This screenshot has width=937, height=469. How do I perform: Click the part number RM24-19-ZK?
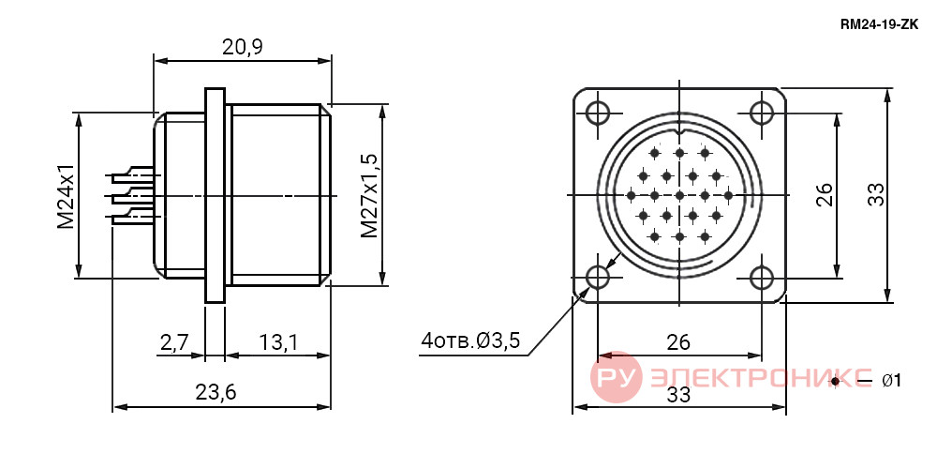point(879,24)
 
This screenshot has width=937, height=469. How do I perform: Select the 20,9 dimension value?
point(243,47)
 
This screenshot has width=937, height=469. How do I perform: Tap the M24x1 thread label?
point(66,195)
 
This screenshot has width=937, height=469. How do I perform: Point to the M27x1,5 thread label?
point(370,195)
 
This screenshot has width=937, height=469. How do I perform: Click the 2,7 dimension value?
point(174,342)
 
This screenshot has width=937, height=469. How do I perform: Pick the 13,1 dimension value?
point(279,342)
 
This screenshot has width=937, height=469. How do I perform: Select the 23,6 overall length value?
point(216,392)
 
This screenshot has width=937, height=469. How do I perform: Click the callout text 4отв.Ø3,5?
point(471,341)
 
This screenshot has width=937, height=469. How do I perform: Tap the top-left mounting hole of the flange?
point(597,112)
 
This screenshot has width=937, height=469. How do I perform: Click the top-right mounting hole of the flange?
point(761,112)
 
